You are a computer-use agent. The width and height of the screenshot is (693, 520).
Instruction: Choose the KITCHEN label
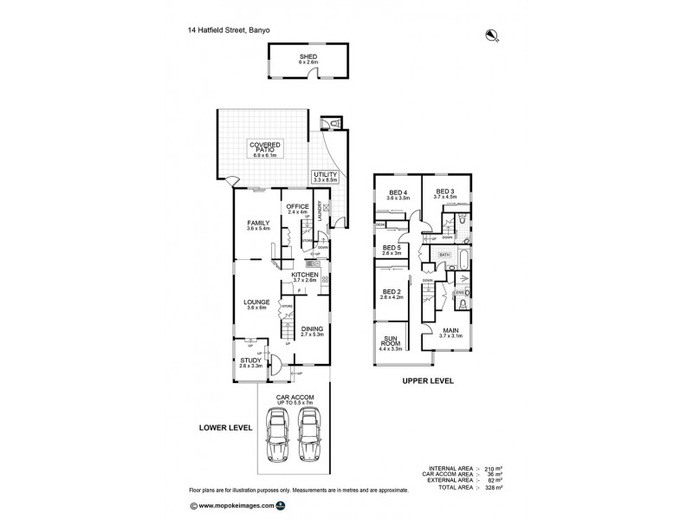pyautogui.click(x=305, y=276)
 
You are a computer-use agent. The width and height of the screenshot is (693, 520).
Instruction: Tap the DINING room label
pyautogui.click(x=312, y=330)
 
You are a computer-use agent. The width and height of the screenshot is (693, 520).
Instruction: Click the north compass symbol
pyautogui.click(x=491, y=36)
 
